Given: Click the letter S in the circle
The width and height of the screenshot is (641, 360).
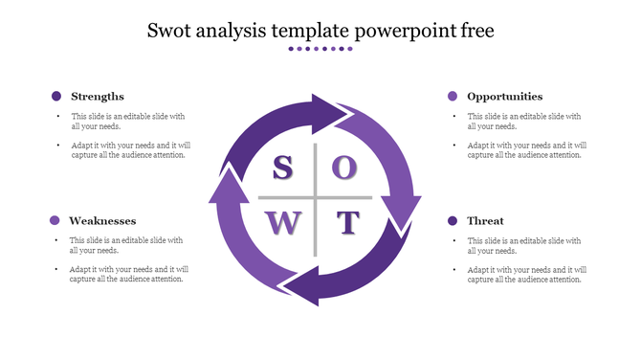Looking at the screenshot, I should (282, 168).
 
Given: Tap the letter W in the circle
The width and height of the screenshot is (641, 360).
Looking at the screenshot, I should (283, 223).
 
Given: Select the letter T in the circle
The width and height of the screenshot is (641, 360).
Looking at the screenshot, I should (346, 223).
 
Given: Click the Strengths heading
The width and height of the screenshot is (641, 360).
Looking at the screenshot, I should (98, 96).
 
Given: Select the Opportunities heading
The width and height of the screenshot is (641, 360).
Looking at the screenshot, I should (504, 96).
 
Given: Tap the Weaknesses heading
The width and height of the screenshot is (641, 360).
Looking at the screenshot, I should (103, 221).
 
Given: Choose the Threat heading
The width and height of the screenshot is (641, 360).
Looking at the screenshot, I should (485, 221).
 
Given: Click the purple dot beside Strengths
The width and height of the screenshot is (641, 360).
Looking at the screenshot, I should (56, 96).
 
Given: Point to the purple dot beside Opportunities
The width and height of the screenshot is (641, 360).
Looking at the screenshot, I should (453, 96).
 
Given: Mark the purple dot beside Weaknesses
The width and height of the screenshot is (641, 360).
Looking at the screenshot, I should (55, 221).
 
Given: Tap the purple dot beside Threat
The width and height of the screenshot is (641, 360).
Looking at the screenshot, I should (453, 221).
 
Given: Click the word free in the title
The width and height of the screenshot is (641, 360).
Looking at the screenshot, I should (475, 31).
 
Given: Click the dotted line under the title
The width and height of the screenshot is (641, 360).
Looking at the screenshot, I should (320, 49).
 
